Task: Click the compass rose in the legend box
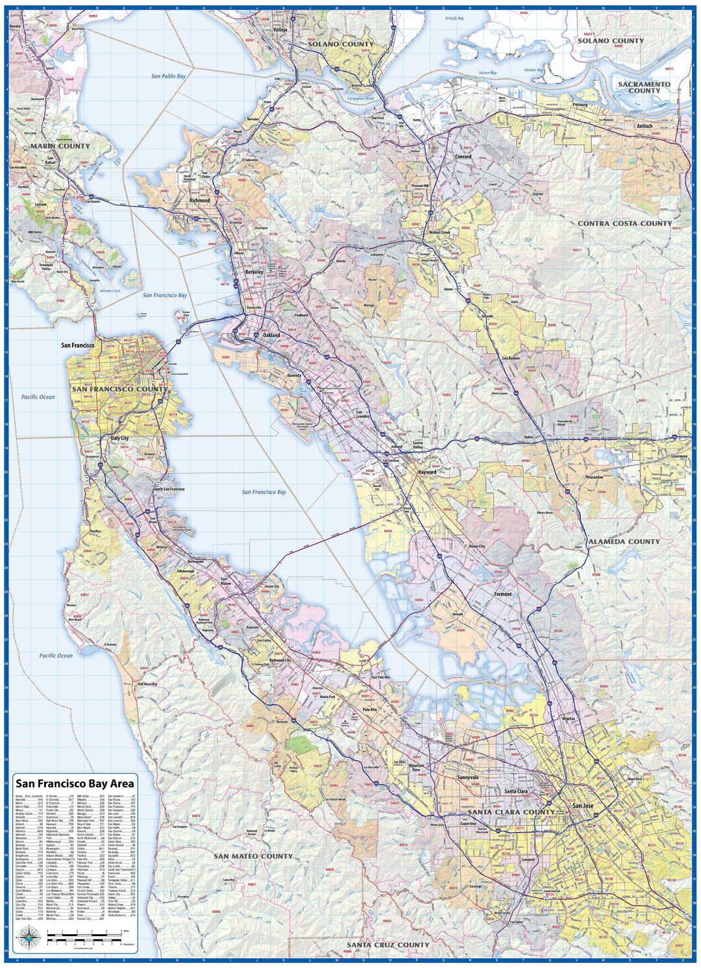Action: click(28, 936)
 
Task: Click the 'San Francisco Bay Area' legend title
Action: click(75, 784)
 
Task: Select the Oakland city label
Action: click(271, 336)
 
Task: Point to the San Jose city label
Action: click(583, 806)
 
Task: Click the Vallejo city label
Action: click(280, 30)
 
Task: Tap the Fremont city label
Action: click(502, 594)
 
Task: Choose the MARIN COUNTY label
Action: click(60, 146)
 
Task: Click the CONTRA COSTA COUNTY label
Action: click(624, 223)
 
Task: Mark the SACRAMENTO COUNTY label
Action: click(644, 87)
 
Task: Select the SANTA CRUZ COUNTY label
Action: click(387, 945)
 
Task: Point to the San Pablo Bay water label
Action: click(168, 77)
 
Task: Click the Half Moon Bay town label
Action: click(147, 684)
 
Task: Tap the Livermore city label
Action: click(679, 456)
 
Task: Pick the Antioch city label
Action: click(644, 127)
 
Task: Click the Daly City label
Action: click(119, 438)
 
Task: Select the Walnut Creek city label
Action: click(439, 232)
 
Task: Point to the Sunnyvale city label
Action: click(467, 777)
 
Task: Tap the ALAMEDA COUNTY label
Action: click(623, 541)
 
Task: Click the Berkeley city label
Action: click(254, 272)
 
